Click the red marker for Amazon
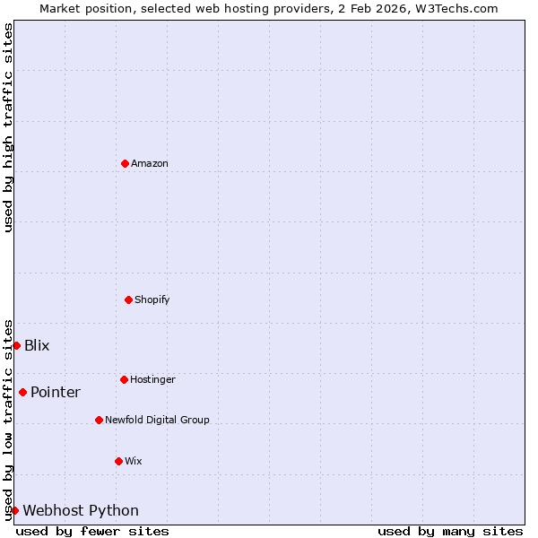[125, 163]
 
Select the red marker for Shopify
[128, 299]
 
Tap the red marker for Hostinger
[124, 379]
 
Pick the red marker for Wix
[118, 461]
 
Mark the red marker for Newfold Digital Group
[99, 420]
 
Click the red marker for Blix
[16, 345]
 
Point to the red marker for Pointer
[22, 392]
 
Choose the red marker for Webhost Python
[14, 510]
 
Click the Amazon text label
[150, 163]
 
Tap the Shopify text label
[152, 299]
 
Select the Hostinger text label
[152, 379]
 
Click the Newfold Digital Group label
[157, 420]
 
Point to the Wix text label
[134, 461]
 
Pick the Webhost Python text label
[81, 510]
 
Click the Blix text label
[37, 345]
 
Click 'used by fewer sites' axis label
[92, 531]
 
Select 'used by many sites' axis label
[450, 531]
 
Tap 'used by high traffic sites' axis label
[8, 127]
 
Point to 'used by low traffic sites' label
[8, 419]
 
